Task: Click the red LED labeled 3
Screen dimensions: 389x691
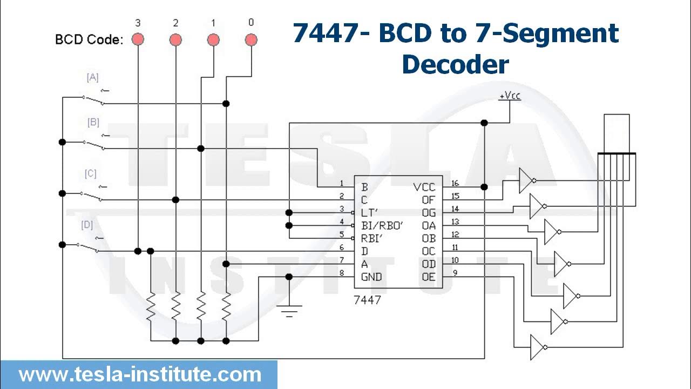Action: tap(138, 39)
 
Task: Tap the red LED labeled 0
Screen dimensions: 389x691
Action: tap(250, 39)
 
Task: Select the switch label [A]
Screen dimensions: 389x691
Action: tap(93, 78)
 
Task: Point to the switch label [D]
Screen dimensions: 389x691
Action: tap(87, 225)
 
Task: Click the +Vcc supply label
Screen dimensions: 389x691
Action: tap(510, 96)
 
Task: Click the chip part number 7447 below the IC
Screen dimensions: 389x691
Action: tap(367, 300)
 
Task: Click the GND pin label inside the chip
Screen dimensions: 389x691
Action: tap(371, 277)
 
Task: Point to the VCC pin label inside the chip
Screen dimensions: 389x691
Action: tap(424, 187)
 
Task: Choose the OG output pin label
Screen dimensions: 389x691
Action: tap(429, 213)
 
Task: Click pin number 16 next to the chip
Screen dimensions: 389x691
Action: tap(455, 184)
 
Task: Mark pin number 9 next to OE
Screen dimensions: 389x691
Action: tap(455, 273)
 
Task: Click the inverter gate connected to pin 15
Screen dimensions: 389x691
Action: tap(526, 180)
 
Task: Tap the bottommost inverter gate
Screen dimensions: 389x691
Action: tap(538, 347)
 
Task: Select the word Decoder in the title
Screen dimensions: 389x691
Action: tap(455, 65)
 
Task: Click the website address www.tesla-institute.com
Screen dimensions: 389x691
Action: tap(140, 374)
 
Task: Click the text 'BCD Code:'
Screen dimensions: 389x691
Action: tap(89, 40)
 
